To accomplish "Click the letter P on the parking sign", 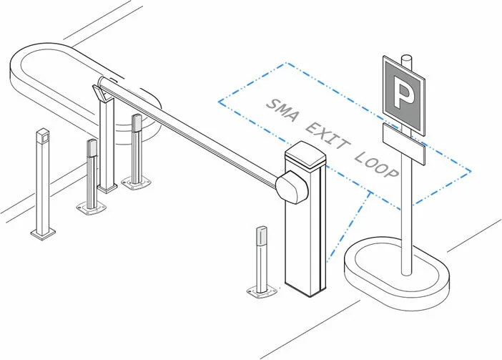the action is click(403, 92).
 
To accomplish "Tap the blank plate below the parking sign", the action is click(404, 144).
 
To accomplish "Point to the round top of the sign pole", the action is click(407, 58).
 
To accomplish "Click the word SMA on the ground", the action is click(282, 110).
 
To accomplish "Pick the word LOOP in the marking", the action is click(377, 165).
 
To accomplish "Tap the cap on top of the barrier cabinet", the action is click(305, 155).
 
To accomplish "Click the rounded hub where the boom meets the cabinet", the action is click(292, 188).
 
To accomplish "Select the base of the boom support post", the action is click(107, 188).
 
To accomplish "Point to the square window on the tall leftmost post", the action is click(44, 137).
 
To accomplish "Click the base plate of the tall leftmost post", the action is click(43, 233).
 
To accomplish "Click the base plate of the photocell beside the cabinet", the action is click(262, 291).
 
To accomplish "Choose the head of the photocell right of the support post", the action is click(137, 123).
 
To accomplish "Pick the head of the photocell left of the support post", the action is click(92, 147).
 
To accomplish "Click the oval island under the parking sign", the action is click(397, 274).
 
